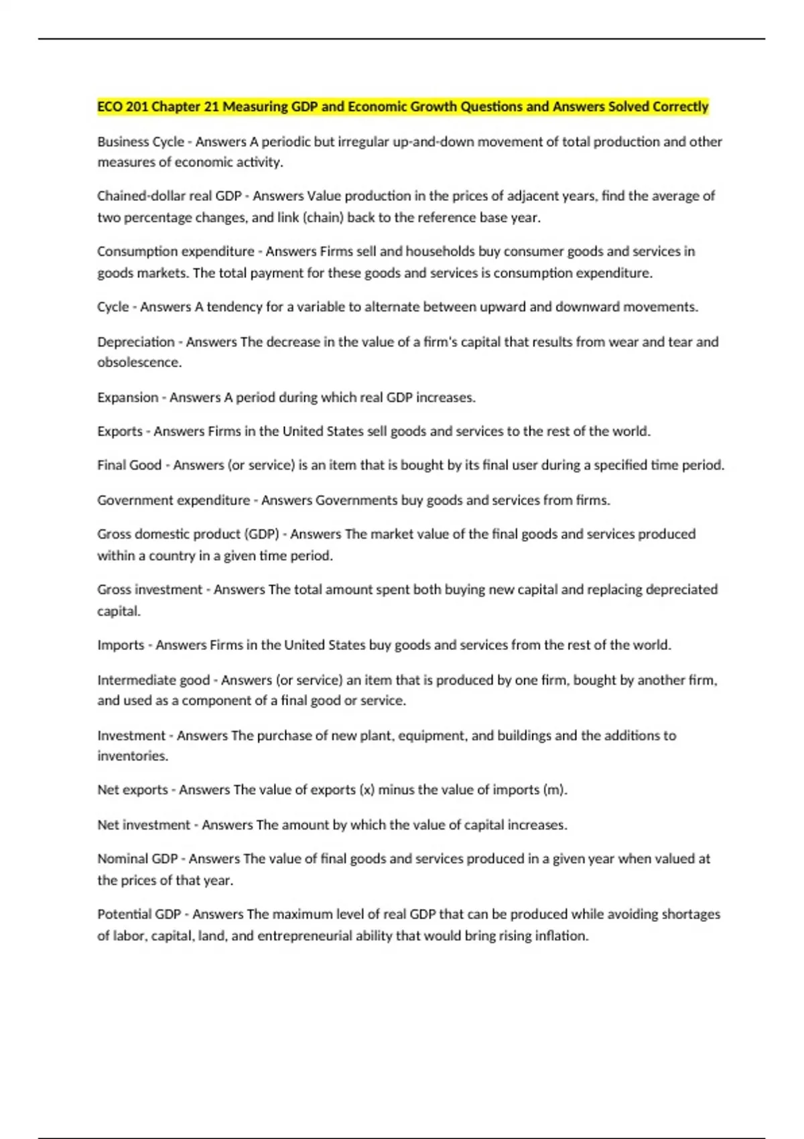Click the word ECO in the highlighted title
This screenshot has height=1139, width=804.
click(110, 107)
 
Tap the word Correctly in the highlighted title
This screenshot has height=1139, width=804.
click(680, 107)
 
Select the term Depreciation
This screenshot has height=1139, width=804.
click(136, 342)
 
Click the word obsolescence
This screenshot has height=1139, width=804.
click(139, 362)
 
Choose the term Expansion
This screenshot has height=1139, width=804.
click(127, 397)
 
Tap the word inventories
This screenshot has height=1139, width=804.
click(132, 756)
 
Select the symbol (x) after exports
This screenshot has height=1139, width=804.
click(367, 790)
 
